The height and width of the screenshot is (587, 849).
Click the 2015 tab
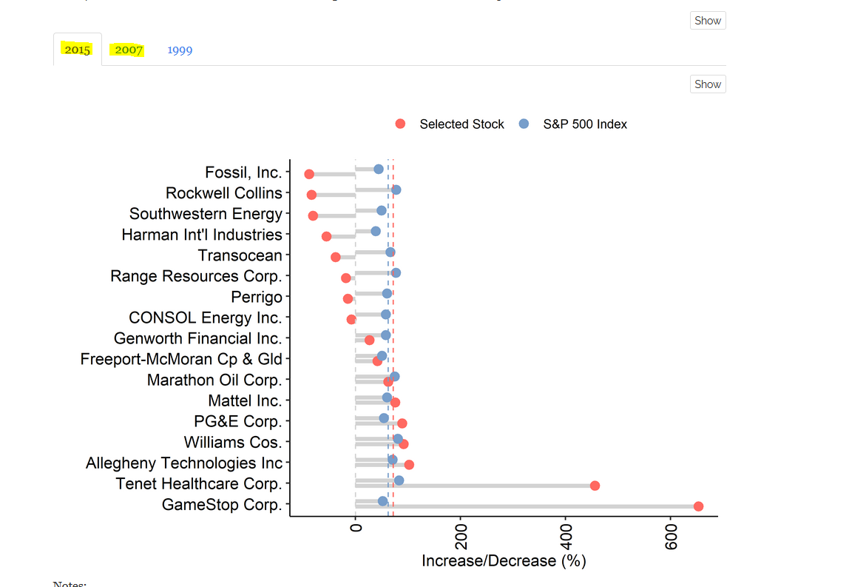[x=77, y=50]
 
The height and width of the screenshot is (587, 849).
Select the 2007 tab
[x=129, y=50]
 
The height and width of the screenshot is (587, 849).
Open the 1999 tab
[x=180, y=50]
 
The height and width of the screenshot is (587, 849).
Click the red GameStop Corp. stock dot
[x=698, y=506]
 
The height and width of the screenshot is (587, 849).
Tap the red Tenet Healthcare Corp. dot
[x=595, y=486]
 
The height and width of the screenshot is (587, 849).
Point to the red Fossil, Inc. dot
[x=309, y=174]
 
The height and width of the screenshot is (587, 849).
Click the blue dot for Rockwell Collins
[x=396, y=190]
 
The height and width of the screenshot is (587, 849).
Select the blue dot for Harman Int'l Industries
[x=376, y=232]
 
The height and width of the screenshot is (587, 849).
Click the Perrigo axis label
[x=257, y=297]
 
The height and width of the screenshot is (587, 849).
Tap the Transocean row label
[x=240, y=255]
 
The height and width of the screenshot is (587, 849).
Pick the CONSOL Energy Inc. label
[x=206, y=318]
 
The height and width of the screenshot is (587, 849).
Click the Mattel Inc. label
[x=245, y=400]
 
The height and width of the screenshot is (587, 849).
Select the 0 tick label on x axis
[x=356, y=525]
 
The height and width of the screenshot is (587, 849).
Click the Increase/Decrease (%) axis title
[x=504, y=561]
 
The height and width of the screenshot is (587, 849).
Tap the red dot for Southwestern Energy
[x=313, y=215]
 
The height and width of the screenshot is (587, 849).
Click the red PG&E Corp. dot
[x=402, y=423]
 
